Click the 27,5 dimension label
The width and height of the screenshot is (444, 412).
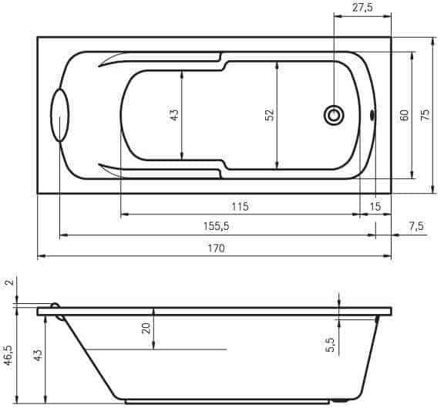(x=362, y=8)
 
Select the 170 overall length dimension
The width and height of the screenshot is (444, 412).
(x=217, y=248)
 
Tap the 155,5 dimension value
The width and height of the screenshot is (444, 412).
(x=216, y=226)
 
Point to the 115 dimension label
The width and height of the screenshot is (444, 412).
(x=240, y=206)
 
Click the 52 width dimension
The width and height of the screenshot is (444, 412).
(x=270, y=114)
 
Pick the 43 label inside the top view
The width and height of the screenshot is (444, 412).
(x=174, y=115)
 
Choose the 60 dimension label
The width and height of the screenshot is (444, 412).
(x=405, y=115)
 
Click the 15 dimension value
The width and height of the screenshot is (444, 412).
(x=375, y=206)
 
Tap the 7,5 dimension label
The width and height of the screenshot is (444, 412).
(x=416, y=226)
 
